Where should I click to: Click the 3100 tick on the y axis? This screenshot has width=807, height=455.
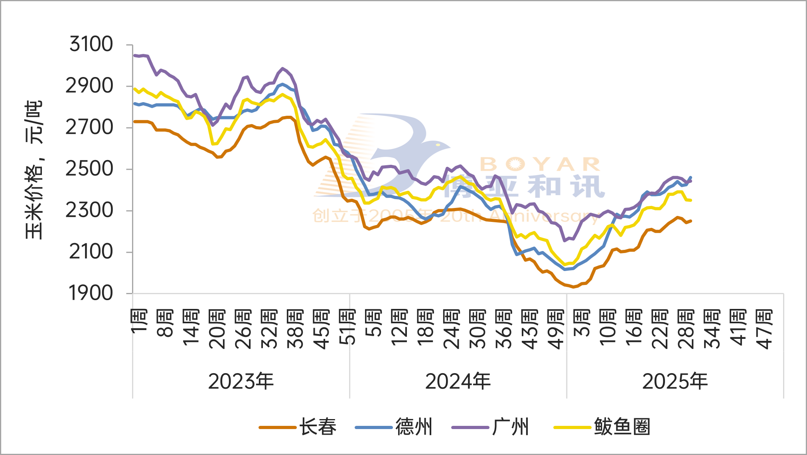91,44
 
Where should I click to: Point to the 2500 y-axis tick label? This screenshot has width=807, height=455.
89,169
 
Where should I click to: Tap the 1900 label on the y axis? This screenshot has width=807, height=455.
91,293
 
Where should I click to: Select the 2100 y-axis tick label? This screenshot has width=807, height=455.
91,252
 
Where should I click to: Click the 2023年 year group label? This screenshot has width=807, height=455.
241,381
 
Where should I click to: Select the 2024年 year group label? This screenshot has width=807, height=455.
458,381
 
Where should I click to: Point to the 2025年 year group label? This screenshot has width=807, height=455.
675,381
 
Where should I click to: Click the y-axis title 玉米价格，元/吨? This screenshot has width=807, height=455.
34,170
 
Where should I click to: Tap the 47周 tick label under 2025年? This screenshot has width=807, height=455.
764,329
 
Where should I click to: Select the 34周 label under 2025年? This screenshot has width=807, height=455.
712,329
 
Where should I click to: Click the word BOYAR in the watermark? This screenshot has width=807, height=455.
541,164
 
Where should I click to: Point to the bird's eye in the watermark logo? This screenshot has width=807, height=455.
438,144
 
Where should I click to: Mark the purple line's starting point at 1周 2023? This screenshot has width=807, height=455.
134,55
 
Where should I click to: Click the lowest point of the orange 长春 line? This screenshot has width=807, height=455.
574,287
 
